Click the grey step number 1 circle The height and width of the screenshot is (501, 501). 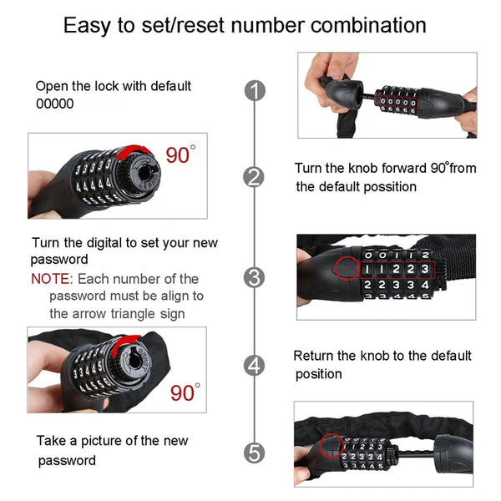pyautogui.click(x=255, y=91)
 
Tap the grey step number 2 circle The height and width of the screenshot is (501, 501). pyautogui.click(x=255, y=176)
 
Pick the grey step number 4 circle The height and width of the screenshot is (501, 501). pyautogui.click(x=255, y=365)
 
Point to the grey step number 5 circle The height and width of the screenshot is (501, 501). pyautogui.click(x=255, y=453)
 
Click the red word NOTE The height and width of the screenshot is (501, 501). pyautogui.click(x=50, y=279)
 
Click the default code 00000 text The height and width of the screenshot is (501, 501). pyautogui.click(x=54, y=104)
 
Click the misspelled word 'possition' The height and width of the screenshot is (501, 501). pyautogui.click(x=387, y=187)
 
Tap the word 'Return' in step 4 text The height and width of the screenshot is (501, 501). pyautogui.click(x=315, y=356)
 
